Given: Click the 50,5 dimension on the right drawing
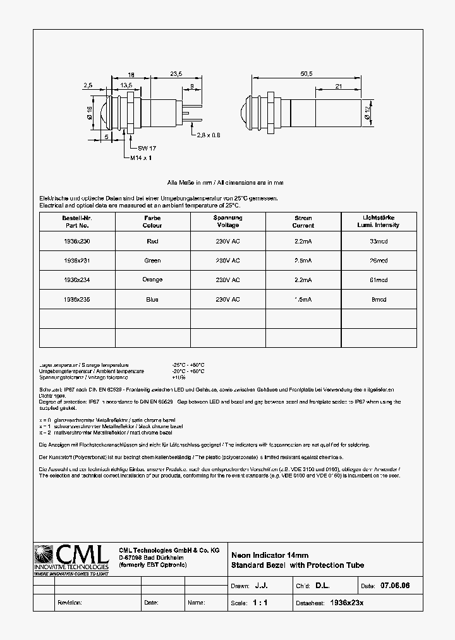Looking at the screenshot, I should click(306, 74).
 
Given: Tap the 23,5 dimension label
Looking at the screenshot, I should click(176, 74).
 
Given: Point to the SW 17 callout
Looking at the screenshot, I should click(147, 148).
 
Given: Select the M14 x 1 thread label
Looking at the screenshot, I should click(142, 157).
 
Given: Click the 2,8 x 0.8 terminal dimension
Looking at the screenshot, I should click(209, 135).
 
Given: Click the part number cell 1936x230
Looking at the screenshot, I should click(76, 241).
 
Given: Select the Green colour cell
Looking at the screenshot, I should click(152, 260).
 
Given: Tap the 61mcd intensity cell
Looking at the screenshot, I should click(379, 279).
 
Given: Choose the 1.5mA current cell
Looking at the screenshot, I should click(303, 299).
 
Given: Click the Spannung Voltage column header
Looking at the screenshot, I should click(227, 221).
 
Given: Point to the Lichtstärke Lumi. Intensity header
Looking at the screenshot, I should click(379, 221).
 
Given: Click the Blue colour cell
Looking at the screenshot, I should click(152, 299).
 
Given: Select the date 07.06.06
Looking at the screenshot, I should click(396, 586).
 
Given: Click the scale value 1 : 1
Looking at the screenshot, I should click(260, 603).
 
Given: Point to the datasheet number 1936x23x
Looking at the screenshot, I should click(347, 603).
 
